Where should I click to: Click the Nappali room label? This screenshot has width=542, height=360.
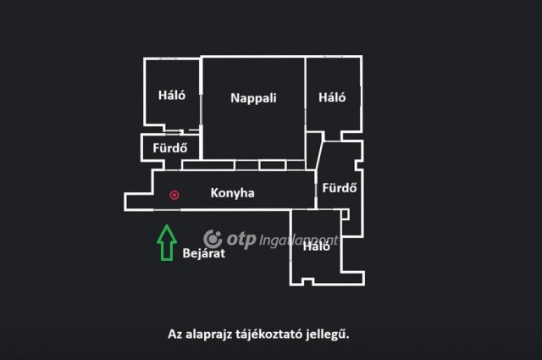253,98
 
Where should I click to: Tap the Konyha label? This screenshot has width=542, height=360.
232,192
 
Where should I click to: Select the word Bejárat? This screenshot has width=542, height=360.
203,253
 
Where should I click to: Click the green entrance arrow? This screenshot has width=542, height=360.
167,243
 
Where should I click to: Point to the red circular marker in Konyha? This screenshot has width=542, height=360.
174,195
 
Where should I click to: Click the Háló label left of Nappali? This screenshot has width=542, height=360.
172,95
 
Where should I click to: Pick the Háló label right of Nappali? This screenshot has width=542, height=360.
332,97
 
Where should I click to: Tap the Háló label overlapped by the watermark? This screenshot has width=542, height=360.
316,246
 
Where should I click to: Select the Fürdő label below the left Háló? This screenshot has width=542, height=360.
170,147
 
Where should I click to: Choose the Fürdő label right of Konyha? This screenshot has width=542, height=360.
340,187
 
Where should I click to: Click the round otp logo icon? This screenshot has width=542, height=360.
213,239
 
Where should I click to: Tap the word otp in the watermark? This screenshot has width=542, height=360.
241,240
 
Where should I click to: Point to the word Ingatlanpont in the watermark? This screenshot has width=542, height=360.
299,241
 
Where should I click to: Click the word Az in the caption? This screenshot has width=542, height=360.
174,335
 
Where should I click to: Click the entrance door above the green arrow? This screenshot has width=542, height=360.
167,209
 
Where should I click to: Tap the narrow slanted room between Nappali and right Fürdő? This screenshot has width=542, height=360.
314,151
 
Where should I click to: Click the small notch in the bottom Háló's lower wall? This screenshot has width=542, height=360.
307,281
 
